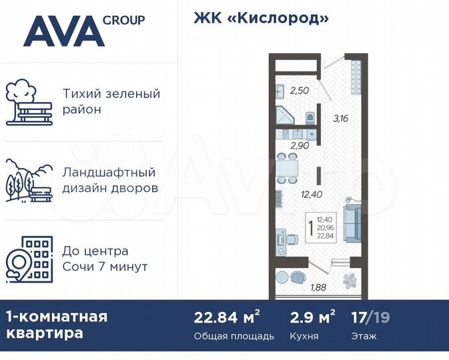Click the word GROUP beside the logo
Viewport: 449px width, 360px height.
click(123, 20)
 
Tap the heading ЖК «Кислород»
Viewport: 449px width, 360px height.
click(262, 18)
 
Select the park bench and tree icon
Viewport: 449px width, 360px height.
click(28, 103)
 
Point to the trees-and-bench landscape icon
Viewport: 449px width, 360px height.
click(28, 180)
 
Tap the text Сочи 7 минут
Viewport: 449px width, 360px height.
click(104, 267)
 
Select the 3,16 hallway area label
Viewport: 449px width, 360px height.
click(341, 119)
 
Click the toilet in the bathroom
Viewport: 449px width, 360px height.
click(310, 118)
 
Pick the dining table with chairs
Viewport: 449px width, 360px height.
click(288, 167)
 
